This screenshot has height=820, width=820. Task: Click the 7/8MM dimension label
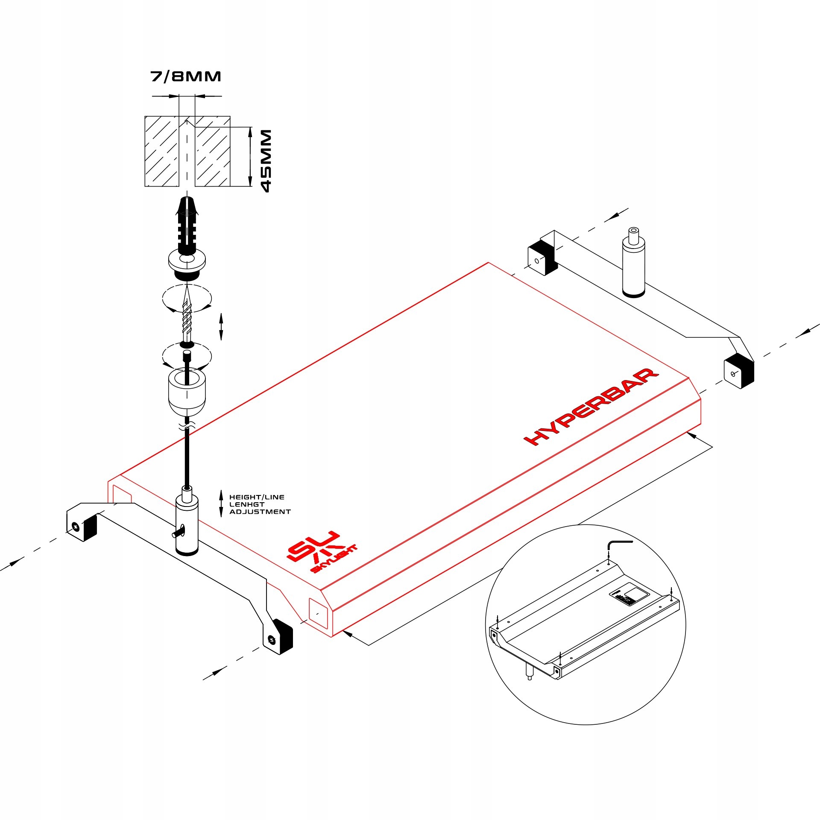tap(186, 76)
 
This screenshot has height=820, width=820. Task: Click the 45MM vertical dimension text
tap(266, 161)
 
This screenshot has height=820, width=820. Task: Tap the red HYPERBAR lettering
tap(592, 407)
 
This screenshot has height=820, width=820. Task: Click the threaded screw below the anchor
tap(187, 318)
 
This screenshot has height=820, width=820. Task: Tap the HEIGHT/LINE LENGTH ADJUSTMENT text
tap(259, 504)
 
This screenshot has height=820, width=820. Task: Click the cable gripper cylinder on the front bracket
tap(187, 525)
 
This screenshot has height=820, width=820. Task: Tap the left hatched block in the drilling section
tap(161, 151)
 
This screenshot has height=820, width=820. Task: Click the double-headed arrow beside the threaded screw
tap(221, 326)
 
